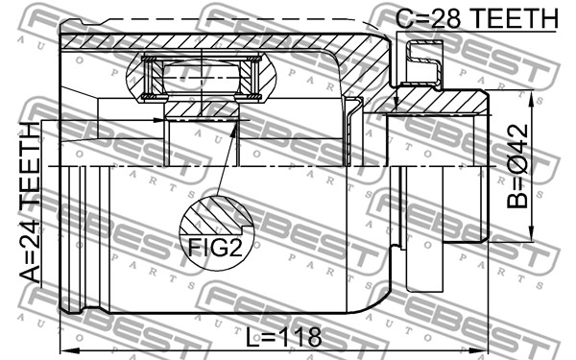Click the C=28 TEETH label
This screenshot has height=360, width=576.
point(477,18)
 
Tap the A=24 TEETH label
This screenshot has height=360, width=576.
point(30,203)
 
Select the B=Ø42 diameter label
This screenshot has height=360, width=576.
point(517,166)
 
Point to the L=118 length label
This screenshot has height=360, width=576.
point(283,337)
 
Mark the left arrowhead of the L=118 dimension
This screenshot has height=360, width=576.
point(68,349)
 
